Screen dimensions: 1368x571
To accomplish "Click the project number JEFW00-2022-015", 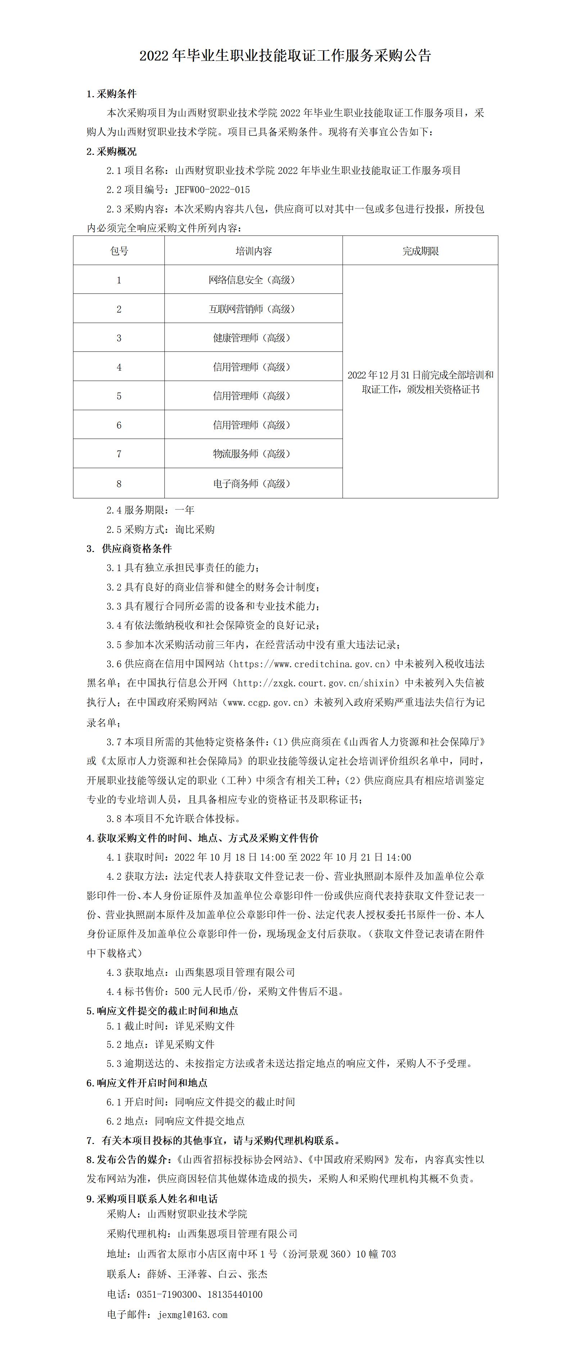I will pos(212,189).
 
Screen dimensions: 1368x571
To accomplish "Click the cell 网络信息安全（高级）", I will pos(251,280).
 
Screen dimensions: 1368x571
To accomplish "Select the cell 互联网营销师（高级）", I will pos(251,309).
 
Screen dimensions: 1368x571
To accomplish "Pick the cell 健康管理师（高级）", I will pos(251,338).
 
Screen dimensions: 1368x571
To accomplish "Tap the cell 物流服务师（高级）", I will pos(251,453).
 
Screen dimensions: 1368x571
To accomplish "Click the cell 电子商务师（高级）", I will pos(251,483).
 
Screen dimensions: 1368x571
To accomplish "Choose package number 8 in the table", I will pos(119,483).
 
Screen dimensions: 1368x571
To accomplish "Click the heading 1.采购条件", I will pos(112,94).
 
